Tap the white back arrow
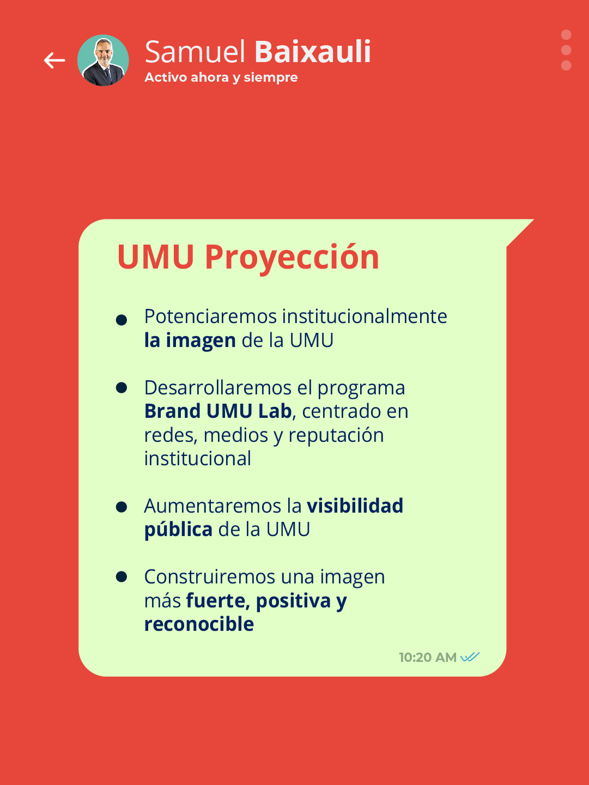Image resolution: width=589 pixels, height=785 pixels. pos(54,60)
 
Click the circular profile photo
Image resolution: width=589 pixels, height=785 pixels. pos(103,60)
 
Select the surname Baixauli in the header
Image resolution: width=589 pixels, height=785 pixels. pos(313,52)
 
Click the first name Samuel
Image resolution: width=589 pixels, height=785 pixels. pos(196,52)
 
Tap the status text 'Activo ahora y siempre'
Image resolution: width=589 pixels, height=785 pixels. pos(221,77)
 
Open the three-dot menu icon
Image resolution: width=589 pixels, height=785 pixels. pos(566,50)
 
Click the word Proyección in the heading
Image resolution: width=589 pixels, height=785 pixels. pos(292,257)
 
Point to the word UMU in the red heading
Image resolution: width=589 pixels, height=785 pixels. pos(156,257)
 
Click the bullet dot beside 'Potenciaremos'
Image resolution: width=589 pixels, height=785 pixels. pos(122,320)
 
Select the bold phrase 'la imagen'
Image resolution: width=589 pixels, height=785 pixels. pos(190,340)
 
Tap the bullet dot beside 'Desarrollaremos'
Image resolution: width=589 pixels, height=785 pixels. pos(122,387)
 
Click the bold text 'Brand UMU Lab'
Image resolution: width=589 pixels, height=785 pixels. pos(218,411)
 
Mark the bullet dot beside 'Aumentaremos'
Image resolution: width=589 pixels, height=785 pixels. pos(122,507)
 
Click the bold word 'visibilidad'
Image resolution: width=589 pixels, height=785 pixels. pos(355,506)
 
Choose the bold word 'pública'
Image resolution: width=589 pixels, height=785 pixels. pos(178,530)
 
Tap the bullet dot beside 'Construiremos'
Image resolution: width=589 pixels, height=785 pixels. pos(122,576)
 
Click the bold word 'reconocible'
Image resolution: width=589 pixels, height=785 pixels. pos(199,624)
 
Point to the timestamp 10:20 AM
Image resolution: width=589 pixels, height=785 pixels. pos(428,658)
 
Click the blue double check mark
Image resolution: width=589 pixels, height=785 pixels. pos(470,657)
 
